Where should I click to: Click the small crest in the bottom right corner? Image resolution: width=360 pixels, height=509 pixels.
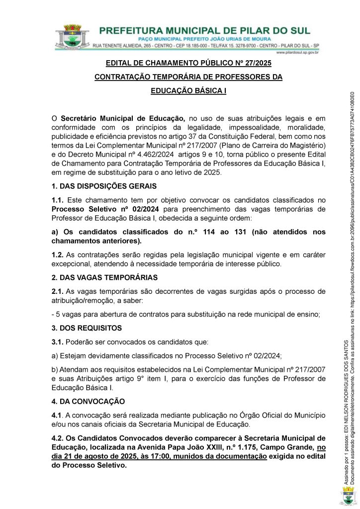pos(348,496)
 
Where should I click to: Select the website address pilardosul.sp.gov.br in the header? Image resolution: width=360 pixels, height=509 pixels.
pos(297,52)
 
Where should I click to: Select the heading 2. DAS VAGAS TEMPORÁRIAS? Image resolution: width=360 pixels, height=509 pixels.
pos(104,277)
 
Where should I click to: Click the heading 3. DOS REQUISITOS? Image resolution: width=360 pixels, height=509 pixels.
pos(87,328)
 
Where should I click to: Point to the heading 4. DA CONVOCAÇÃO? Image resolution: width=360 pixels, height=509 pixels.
pos(88,401)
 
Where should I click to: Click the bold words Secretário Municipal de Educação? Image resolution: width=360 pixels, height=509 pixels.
pos(123,118)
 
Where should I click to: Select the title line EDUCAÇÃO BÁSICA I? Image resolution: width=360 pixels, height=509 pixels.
pos(188,91)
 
